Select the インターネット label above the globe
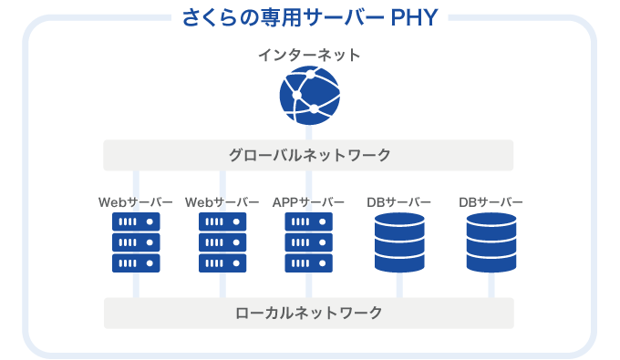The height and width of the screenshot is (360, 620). tap(309, 56)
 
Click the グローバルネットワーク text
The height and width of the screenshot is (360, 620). tap(309, 155)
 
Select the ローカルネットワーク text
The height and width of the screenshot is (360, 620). tap(309, 313)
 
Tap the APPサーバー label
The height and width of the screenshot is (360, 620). tap(309, 201)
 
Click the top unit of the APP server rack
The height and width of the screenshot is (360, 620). tap(309, 221)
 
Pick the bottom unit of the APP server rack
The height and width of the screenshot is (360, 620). tap(309, 262)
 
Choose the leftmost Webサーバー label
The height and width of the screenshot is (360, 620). tap(135, 201)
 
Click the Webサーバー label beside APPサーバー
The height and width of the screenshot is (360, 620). tap(222, 201)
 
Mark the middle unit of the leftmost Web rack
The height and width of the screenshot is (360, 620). tap(136, 242)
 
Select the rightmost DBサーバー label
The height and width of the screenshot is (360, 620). tap(491, 201)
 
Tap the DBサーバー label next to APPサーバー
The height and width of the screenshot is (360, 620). tap(398, 201)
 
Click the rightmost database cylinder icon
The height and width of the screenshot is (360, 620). tap(491, 242)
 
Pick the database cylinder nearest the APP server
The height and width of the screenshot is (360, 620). tap(399, 242)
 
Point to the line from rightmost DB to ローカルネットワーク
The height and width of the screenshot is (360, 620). tap(491, 285)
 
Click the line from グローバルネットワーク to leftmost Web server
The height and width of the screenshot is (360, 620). tap(136, 181)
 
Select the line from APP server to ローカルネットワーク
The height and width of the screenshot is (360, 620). tap(309, 285)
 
